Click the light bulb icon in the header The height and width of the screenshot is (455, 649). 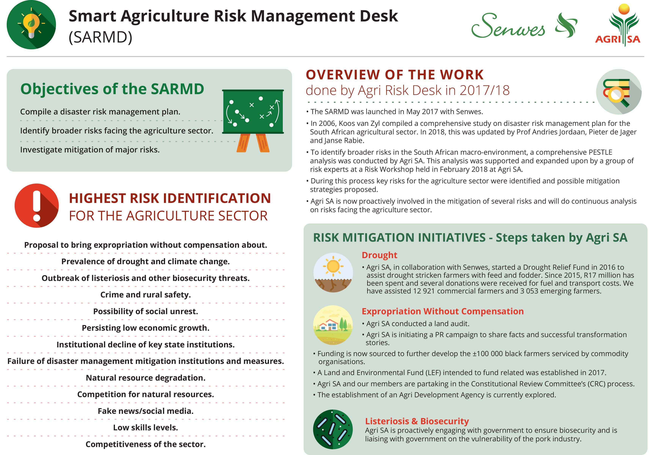(x=31, y=25)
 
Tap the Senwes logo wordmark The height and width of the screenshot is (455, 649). (x=508, y=25)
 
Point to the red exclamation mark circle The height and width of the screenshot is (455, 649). (x=37, y=205)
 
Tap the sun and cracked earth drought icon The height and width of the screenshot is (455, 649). (x=333, y=273)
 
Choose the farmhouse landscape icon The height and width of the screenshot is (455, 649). (x=333, y=325)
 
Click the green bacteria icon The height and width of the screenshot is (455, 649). (x=333, y=429)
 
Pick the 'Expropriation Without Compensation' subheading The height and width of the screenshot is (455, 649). (x=443, y=311)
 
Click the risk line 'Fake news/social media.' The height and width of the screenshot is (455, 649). (x=146, y=411)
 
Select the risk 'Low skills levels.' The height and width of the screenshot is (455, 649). (x=146, y=427)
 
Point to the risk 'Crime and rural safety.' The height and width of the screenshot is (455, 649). (x=146, y=295)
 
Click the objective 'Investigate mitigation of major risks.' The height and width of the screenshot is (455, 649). (x=90, y=150)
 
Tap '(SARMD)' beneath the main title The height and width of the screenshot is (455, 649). (x=101, y=37)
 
